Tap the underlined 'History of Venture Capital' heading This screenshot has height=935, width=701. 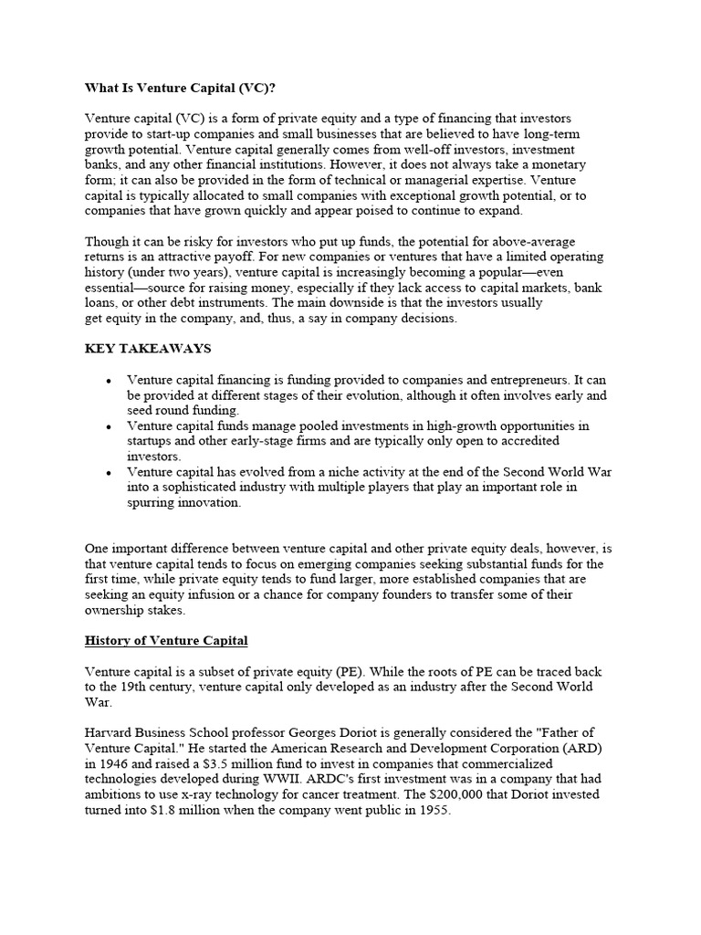point(166,641)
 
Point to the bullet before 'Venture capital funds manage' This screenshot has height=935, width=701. point(109,426)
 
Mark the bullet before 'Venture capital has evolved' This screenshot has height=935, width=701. point(109,473)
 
